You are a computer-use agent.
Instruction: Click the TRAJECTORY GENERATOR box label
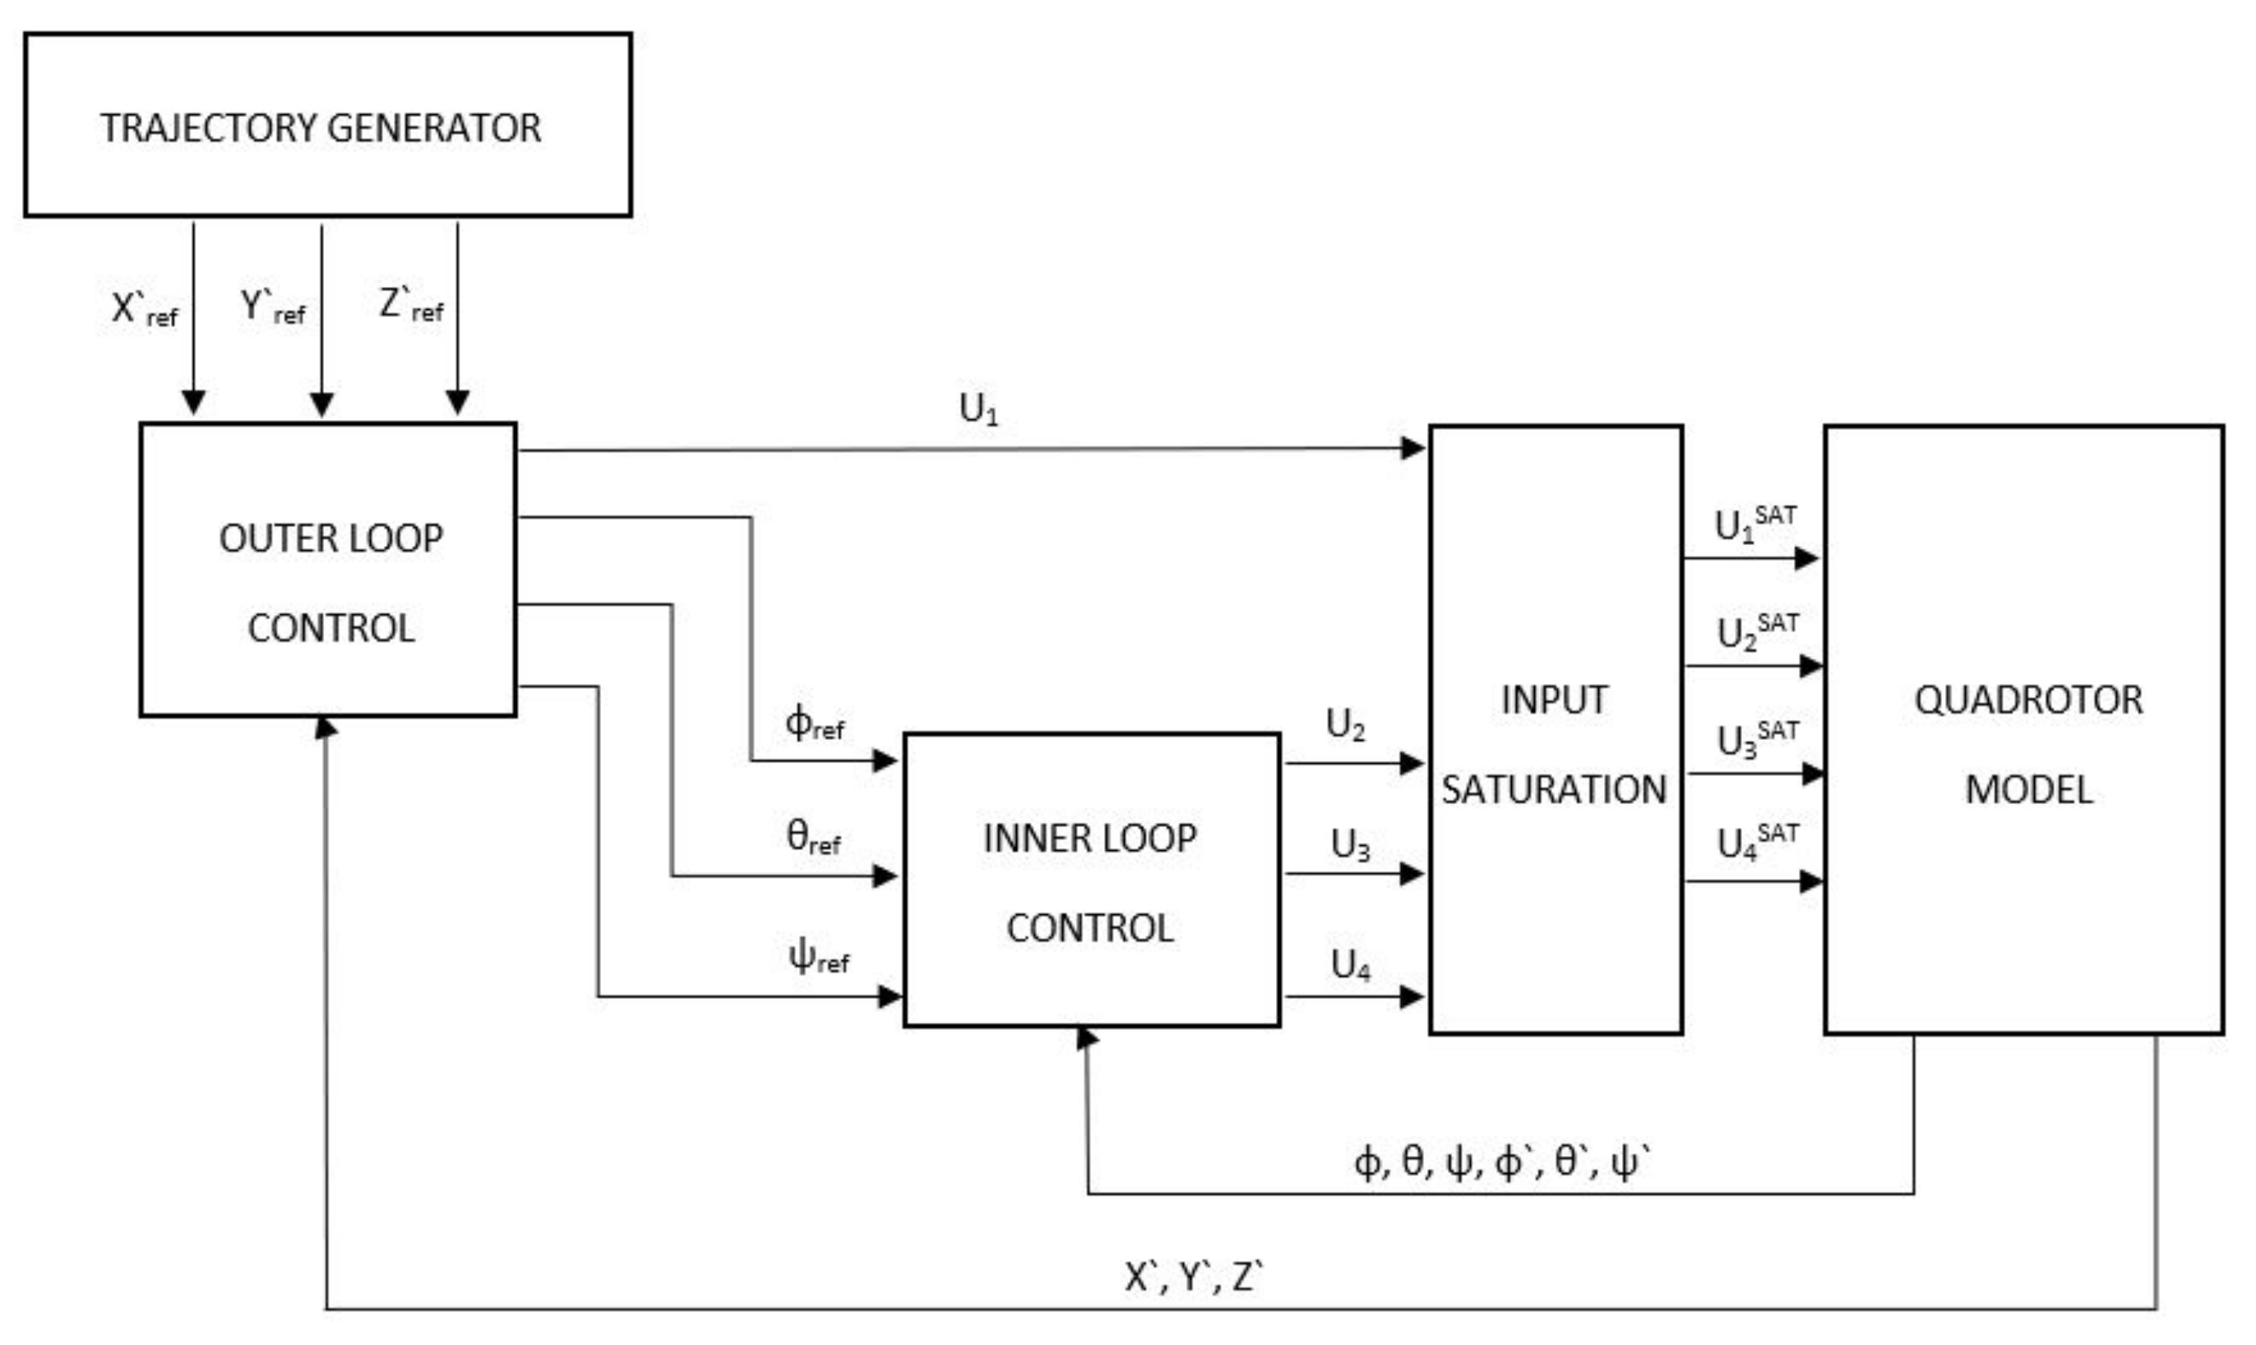320,127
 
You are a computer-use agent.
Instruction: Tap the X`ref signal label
144,309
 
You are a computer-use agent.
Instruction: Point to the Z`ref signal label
410,304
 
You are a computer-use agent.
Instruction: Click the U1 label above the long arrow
978,409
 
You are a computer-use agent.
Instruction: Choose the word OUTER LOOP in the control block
331,539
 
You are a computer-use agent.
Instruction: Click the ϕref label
814,724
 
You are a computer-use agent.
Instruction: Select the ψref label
817,956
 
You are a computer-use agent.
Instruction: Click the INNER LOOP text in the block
1089,839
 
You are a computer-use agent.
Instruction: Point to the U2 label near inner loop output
1345,725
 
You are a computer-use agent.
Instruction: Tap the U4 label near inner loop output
1350,965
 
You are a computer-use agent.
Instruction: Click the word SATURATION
1554,790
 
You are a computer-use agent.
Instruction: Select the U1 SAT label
1754,524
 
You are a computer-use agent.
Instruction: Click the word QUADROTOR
2027,700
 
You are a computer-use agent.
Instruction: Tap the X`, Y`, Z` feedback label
1193,1277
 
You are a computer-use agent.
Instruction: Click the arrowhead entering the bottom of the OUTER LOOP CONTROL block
326,728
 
